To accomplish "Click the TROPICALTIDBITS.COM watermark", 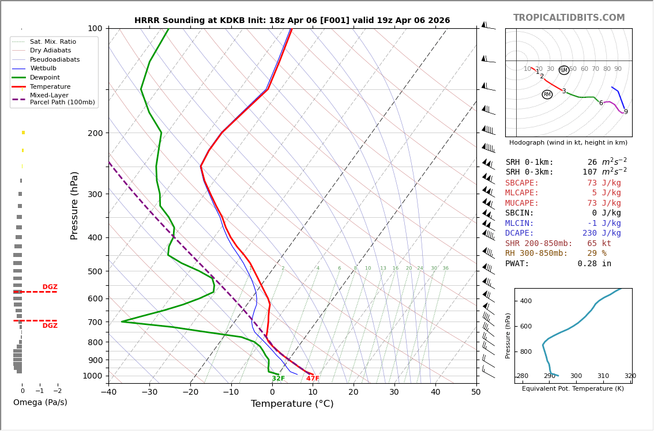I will [569, 18].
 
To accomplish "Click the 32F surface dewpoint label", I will [279, 379].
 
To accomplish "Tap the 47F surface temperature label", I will [313, 379].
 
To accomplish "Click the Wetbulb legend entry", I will [44, 69].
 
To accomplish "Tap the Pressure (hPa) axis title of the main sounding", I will [74, 205].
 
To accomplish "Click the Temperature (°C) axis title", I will [292, 404].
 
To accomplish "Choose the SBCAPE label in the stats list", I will [522, 183].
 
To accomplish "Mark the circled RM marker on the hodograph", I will [547, 94].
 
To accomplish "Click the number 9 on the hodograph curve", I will [626, 112].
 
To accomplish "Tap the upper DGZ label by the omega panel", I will [50, 287].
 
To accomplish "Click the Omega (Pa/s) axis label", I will [40, 402].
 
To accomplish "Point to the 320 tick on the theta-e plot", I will [630, 376].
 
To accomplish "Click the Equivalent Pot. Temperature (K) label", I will [573, 388].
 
